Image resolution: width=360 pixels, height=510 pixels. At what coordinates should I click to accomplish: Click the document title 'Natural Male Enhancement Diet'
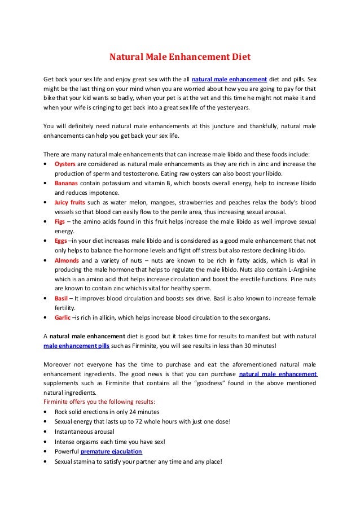(179, 57)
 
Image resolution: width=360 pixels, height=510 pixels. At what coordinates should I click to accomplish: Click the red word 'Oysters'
(64, 164)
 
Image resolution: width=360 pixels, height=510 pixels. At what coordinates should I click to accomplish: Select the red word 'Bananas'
(66, 184)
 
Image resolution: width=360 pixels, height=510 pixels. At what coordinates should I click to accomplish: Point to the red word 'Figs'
(60, 222)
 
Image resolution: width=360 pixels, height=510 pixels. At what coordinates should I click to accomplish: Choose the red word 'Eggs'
(60, 241)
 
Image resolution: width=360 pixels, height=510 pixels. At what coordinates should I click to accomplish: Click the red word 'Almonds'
(67, 260)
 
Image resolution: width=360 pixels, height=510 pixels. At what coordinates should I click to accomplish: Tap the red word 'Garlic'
(62, 317)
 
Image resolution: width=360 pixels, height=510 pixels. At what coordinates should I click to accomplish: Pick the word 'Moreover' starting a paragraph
(58, 364)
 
